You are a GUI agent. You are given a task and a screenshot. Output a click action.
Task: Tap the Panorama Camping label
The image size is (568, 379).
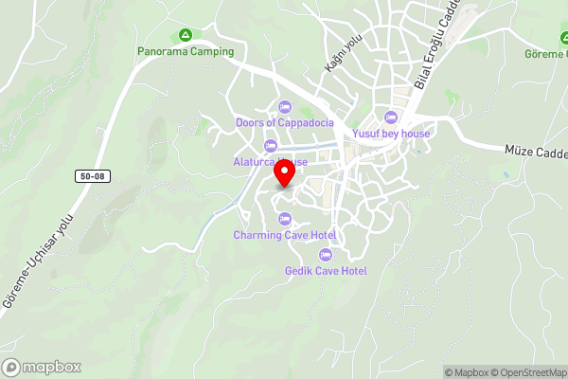point(186,51)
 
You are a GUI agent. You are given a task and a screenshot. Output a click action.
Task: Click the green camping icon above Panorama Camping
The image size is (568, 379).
point(186,35)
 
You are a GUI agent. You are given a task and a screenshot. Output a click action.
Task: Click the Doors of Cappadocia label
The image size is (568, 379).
point(284,121)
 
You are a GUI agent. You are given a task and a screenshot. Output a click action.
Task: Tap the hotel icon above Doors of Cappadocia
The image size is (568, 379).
point(285,105)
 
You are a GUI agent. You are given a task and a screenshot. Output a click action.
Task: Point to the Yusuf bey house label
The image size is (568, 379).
point(391,134)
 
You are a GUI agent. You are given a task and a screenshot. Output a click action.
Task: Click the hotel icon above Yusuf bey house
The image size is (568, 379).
point(391,117)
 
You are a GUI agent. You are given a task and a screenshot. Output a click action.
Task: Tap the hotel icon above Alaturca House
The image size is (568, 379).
point(272,145)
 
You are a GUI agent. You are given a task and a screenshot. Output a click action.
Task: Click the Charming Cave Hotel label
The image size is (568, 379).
point(285,235)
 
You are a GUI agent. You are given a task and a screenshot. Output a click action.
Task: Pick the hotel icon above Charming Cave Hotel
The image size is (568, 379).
point(285,219)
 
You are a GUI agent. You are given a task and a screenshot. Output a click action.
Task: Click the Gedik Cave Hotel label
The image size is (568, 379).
point(326,271)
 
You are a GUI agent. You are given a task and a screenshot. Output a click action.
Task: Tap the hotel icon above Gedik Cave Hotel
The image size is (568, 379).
point(326,254)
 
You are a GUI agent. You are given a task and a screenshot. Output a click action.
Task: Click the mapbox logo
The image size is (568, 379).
point(42,368)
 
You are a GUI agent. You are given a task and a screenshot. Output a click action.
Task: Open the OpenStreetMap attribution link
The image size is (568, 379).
point(525,372)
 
